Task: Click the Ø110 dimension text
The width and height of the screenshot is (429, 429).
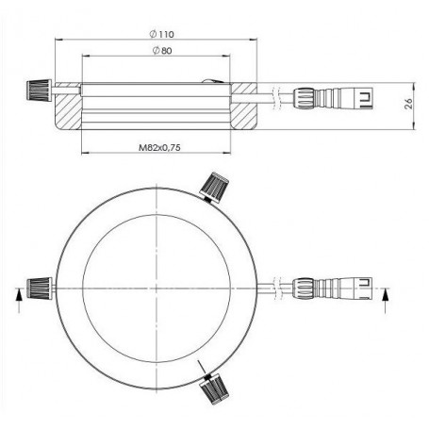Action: coord(161,34)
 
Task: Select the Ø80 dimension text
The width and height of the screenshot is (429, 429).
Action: coord(160,50)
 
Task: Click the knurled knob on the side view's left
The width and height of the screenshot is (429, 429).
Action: coord(38,91)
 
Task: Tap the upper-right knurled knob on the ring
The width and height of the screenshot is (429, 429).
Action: coord(216,186)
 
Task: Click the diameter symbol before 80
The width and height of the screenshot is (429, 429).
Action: coord(152,50)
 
